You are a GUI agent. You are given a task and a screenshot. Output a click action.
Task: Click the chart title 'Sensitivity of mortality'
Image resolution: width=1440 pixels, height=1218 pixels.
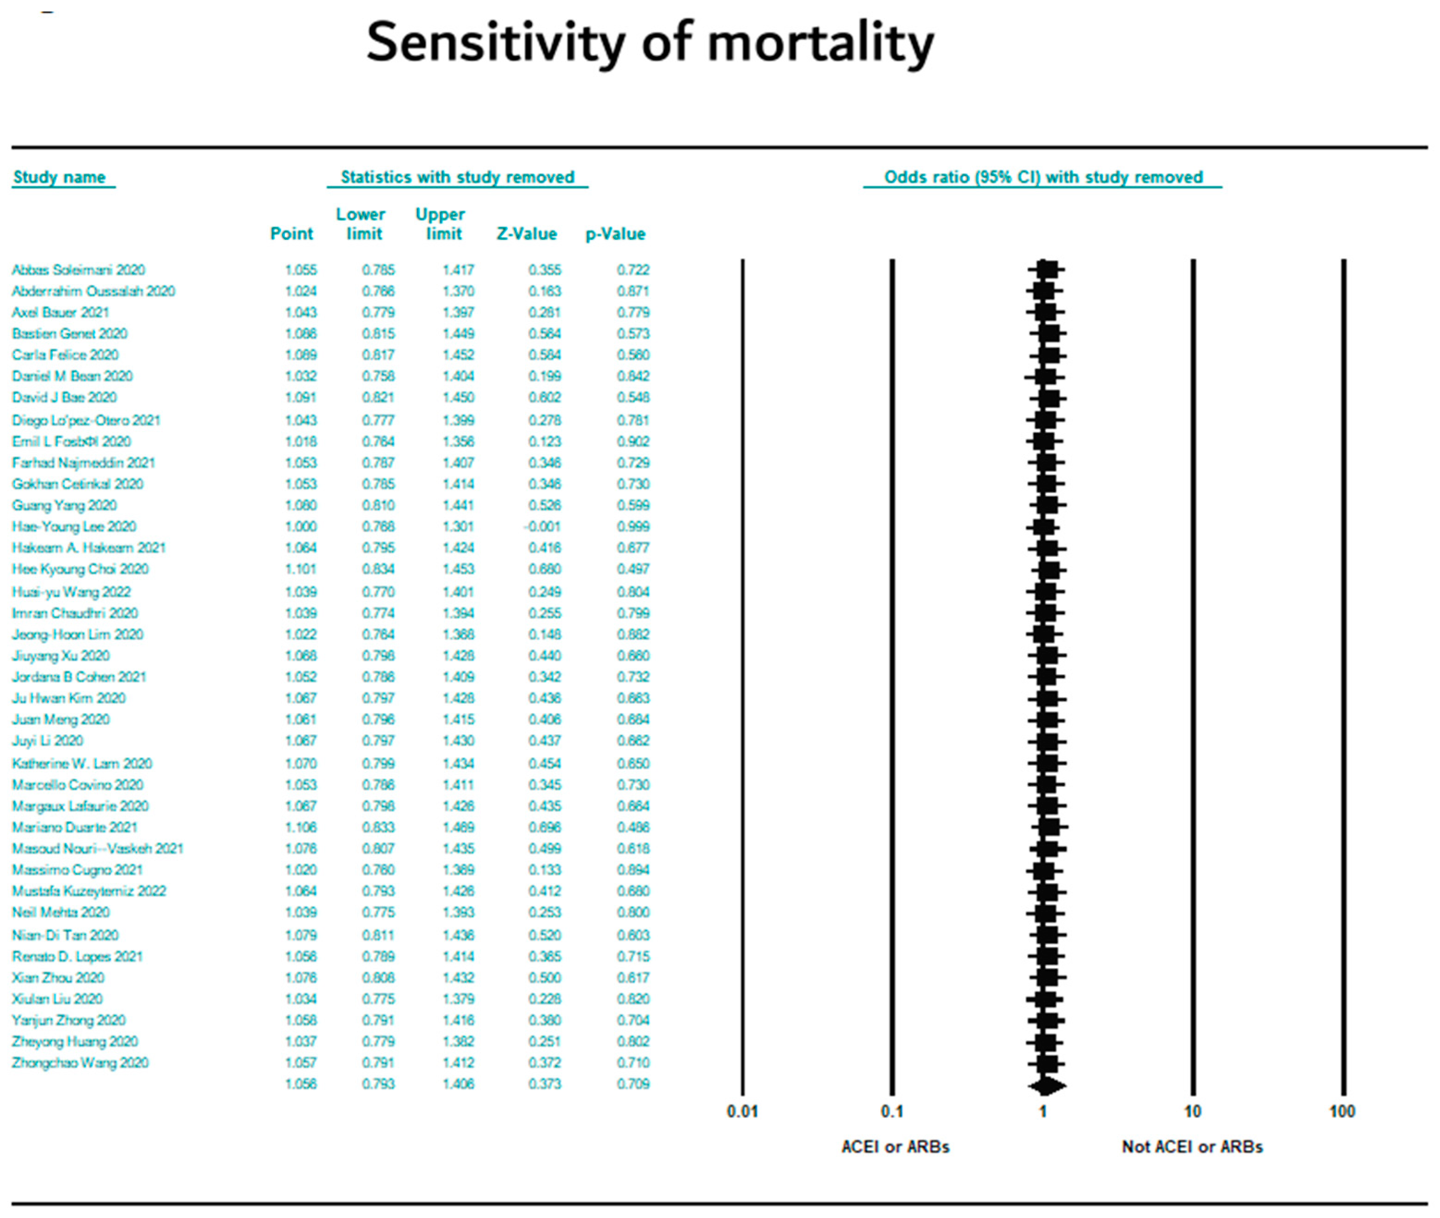[x=649, y=43]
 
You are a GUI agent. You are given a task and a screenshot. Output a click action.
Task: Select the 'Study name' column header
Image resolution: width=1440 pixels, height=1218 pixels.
[x=59, y=177]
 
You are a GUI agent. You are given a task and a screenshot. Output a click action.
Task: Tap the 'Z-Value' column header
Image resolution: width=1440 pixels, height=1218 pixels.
[x=526, y=234]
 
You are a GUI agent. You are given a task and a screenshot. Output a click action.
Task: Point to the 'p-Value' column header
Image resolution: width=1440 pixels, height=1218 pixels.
[x=615, y=234]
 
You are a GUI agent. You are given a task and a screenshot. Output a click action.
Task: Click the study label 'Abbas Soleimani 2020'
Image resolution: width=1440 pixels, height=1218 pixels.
[x=78, y=270]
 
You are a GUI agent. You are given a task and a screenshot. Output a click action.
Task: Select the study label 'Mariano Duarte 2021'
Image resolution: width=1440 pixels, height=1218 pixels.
[x=74, y=827]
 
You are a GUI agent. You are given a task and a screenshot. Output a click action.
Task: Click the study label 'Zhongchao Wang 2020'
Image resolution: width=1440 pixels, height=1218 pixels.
[x=80, y=1063]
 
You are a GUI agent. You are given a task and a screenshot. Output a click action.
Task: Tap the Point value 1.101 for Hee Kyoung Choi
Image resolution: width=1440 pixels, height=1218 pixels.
[x=300, y=569]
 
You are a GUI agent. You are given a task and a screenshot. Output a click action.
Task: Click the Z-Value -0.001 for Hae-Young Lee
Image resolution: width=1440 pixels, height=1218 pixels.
[x=542, y=527]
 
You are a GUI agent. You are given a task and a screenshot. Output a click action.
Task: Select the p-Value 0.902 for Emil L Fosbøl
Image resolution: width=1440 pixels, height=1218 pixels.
[x=633, y=441]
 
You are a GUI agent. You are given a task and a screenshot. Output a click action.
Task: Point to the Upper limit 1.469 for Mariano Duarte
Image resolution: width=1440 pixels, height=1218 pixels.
[x=458, y=827]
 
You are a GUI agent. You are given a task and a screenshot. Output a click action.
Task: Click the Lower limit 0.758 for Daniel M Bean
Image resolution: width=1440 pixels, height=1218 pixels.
[x=379, y=376]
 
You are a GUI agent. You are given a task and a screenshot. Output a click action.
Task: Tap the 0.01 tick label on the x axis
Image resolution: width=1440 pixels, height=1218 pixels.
[x=742, y=1112]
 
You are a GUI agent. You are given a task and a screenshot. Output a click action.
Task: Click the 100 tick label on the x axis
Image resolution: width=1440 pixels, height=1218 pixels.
[x=1342, y=1112]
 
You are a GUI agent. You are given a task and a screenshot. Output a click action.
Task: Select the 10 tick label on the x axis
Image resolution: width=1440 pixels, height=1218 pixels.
[x=1193, y=1112]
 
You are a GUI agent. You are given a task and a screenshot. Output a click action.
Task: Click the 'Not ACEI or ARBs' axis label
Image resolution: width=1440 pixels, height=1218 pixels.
[x=1192, y=1147]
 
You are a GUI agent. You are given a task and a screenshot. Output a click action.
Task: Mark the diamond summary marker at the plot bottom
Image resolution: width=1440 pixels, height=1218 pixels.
[x=1047, y=1085]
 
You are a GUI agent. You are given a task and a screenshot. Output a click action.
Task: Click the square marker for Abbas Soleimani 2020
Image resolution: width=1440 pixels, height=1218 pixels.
[x=1047, y=270]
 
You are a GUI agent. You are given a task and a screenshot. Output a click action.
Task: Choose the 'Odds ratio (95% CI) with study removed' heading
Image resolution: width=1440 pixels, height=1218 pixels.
[x=1043, y=177]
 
